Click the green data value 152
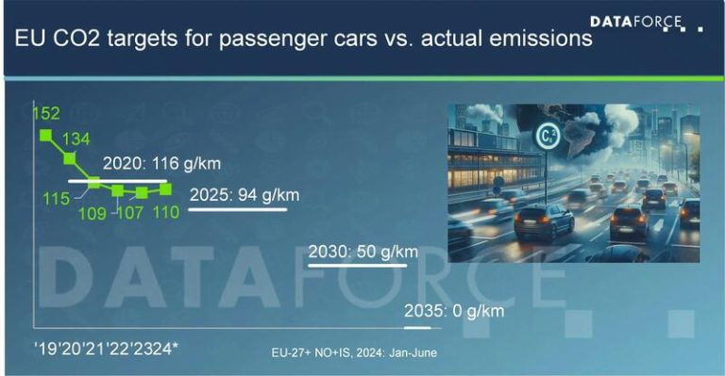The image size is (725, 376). click(x=45, y=114)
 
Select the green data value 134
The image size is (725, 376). click(x=76, y=139)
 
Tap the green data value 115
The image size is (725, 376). click(x=56, y=200)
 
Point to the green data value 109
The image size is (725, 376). click(x=93, y=213)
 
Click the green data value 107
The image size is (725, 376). click(x=130, y=213)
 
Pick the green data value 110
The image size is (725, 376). click(x=167, y=213)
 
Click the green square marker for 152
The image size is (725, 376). click(x=44, y=135)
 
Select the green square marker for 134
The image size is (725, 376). click(x=68, y=157)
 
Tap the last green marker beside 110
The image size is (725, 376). click(x=165, y=188)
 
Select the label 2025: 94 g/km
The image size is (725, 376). click(x=244, y=195)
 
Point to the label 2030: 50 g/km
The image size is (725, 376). click(x=363, y=253)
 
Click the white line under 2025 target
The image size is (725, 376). click(x=237, y=209)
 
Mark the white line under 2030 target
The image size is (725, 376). click(x=357, y=267)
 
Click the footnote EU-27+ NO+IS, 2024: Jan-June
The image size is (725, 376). click(x=353, y=352)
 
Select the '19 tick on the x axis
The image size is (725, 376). click(x=43, y=348)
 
